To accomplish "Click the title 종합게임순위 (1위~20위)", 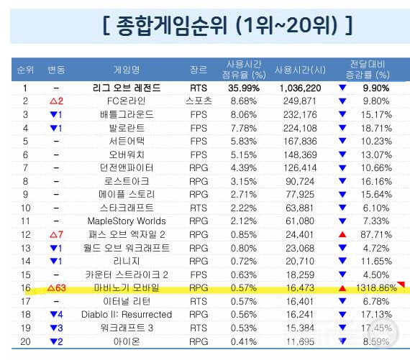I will pyautogui.click(x=227, y=27).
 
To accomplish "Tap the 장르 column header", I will pyautogui.click(x=199, y=70).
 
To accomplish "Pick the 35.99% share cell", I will pyautogui.click(x=247, y=88).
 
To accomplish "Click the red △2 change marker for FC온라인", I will pyautogui.click(x=56, y=101).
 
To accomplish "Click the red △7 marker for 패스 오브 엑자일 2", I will pyautogui.click(x=56, y=234).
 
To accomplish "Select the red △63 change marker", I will pyautogui.click(x=56, y=287).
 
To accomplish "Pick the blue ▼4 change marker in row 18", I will pyautogui.click(x=56, y=314).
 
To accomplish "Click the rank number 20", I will pyautogui.click(x=25, y=341).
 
